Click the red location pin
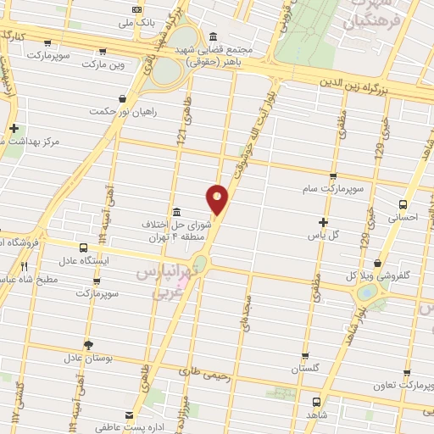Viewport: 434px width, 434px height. click(x=218, y=198)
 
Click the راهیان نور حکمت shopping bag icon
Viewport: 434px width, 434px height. click(x=124, y=97)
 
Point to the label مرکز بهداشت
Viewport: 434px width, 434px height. click(x=52, y=141)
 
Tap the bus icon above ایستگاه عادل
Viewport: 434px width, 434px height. click(x=82, y=248)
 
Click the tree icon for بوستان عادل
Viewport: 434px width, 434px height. click(x=87, y=343)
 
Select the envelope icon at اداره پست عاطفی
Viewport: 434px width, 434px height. click(x=129, y=415)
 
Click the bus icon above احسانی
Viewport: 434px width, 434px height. click(x=403, y=204)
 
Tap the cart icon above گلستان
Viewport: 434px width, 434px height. click(x=306, y=356)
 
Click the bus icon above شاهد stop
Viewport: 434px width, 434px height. click(x=316, y=402)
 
